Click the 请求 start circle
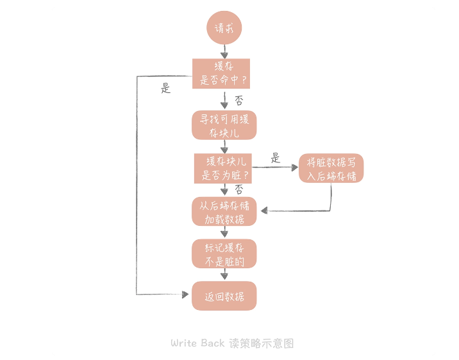click(x=224, y=28)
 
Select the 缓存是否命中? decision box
click(x=221, y=74)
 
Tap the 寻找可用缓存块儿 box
click(x=224, y=125)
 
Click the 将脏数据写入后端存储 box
click(x=331, y=168)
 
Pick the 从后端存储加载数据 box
click(x=224, y=212)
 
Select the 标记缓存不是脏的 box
click(x=224, y=254)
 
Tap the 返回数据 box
click(x=224, y=296)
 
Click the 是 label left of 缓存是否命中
click(x=166, y=89)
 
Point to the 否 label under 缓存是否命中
click(x=238, y=100)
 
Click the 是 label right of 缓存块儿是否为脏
click(x=276, y=158)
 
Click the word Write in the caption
click(x=184, y=343)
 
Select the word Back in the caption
click(x=213, y=343)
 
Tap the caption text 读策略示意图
click(x=261, y=343)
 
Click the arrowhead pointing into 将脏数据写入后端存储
click(x=295, y=167)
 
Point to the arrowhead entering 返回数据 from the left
click(x=188, y=295)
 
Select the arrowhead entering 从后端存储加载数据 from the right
click(x=263, y=210)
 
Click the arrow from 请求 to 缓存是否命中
click(x=224, y=51)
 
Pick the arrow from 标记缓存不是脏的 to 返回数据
click(x=224, y=275)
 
